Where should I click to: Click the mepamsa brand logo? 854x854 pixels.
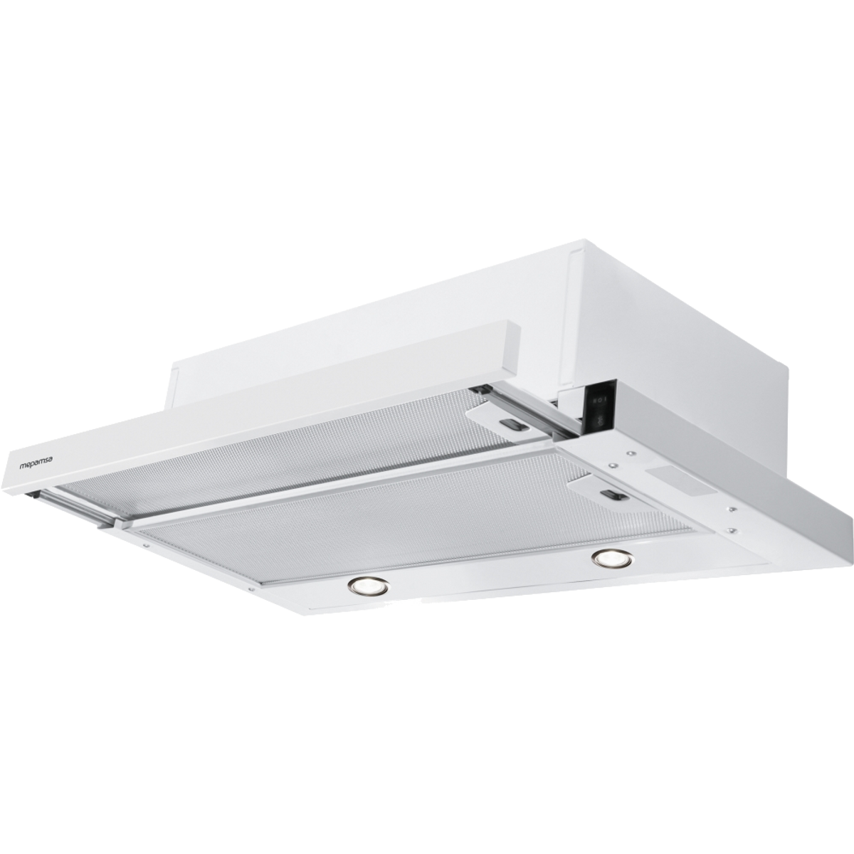point(39,465)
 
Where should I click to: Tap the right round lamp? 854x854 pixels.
point(613,560)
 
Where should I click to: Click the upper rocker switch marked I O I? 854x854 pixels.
point(596,400)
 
